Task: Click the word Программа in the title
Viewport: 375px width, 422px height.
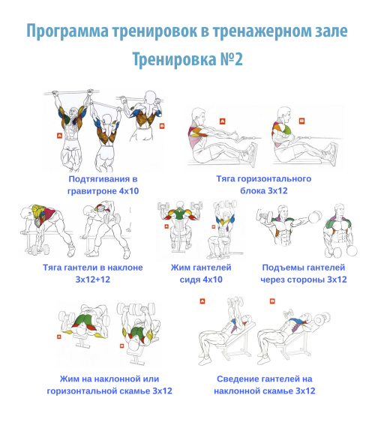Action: pyautogui.click(x=67, y=31)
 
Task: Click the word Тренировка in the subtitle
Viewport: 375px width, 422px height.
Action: pyautogui.click(x=175, y=60)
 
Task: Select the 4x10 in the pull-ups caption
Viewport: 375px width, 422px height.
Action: pyautogui.click(x=129, y=191)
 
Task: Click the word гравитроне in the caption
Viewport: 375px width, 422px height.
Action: pyautogui.click(x=92, y=192)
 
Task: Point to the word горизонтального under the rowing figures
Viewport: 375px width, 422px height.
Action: pyautogui.click(x=274, y=179)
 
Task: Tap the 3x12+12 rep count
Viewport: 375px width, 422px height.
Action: pyautogui.click(x=93, y=280)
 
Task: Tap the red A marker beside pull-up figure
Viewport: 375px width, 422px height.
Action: pyautogui.click(x=59, y=136)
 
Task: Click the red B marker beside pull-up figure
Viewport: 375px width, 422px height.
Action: pyautogui.click(x=162, y=126)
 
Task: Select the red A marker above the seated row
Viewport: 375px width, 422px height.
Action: pyautogui.click(x=222, y=121)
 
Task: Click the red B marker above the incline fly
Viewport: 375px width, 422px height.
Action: pyautogui.click(x=272, y=301)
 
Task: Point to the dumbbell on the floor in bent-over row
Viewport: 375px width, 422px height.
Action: pyautogui.click(x=40, y=250)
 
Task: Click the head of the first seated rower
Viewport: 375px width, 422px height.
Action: pyautogui.click(x=198, y=115)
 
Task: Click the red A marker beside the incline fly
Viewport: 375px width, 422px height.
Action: pyautogui.click(x=202, y=301)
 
